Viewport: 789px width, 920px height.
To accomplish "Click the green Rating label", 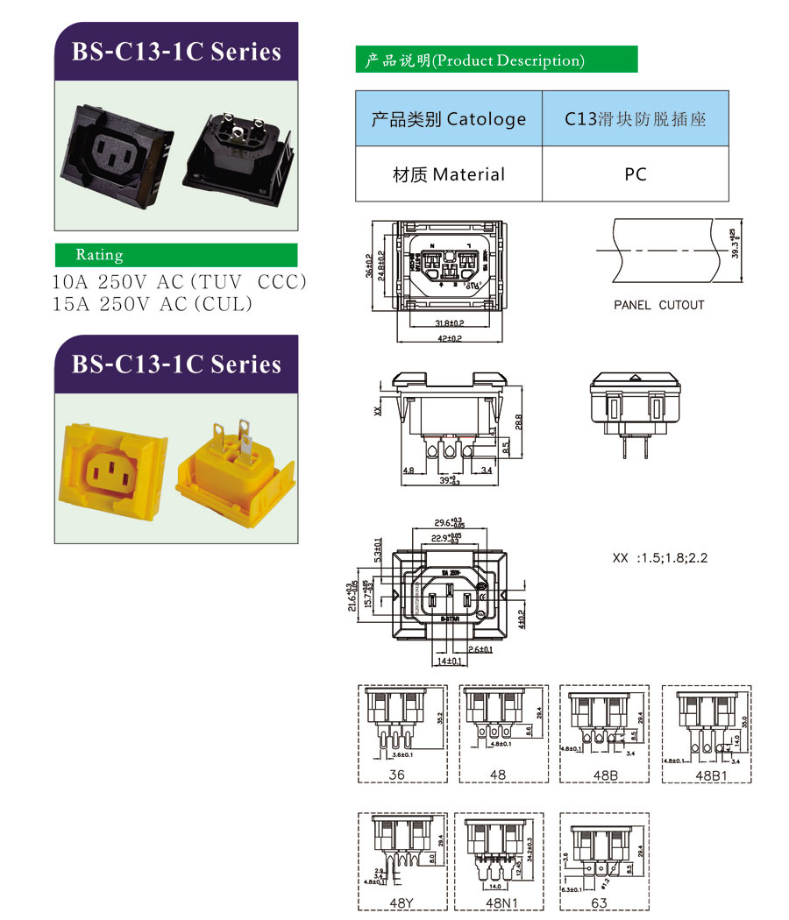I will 175,255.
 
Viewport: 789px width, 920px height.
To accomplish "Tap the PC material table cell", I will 636,174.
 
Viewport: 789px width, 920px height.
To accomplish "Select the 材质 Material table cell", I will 448,174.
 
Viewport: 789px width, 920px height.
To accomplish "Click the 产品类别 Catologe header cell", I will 448,118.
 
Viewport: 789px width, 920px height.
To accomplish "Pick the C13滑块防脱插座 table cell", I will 636,118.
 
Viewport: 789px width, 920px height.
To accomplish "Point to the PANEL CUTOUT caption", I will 658,305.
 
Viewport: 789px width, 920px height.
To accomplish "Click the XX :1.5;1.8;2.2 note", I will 659,558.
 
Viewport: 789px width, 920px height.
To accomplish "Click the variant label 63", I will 600,902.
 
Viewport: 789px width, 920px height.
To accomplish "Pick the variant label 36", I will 396,775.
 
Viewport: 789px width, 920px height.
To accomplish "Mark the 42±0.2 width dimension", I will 450,338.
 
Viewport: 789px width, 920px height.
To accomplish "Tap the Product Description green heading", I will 495,60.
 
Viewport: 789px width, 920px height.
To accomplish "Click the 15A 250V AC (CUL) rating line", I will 153,303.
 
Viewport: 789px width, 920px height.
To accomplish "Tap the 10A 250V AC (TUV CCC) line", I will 180,282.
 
